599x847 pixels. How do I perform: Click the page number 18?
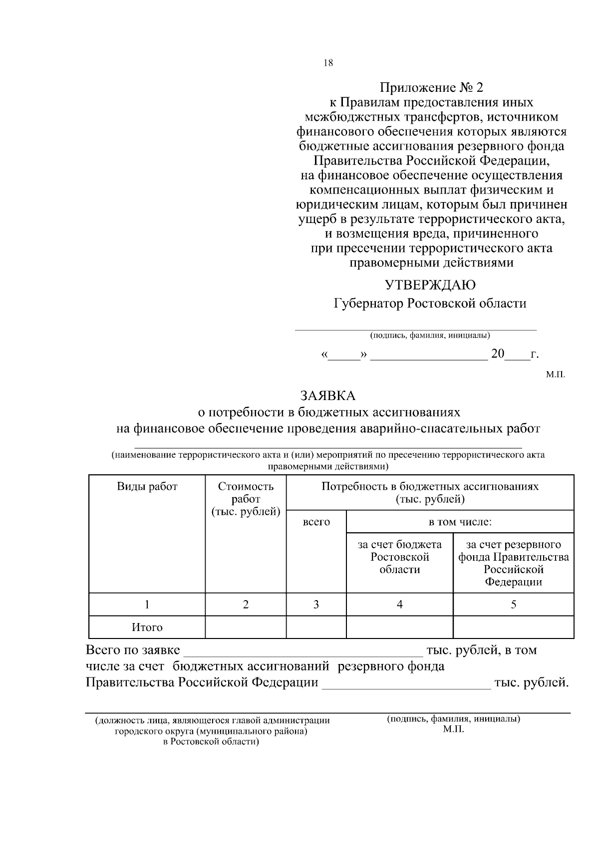click(328, 63)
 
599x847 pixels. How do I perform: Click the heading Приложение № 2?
click(431, 88)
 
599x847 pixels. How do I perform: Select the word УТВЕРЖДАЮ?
click(430, 285)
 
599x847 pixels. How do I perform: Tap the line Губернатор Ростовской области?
click(430, 303)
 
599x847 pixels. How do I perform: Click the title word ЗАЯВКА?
click(327, 396)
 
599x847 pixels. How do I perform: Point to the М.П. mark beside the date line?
click(555, 374)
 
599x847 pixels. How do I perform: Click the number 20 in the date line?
click(498, 354)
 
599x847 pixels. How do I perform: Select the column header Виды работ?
click(147, 486)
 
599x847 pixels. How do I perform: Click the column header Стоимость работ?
click(246, 499)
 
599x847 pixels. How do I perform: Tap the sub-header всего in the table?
click(316, 522)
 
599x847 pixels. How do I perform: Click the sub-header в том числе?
click(460, 522)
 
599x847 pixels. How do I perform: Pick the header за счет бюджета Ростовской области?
click(400, 557)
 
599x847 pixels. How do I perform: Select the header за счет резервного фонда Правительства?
click(513, 563)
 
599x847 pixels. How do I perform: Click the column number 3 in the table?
click(316, 605)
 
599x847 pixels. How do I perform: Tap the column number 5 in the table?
click(513, 605)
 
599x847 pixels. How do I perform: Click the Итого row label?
click(147, 628)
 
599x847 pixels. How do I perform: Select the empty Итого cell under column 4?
click(400, 628)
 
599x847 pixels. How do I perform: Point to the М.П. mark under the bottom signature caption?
click(453, 729)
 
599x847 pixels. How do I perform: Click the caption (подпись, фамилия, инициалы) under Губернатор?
click(430, 335)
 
